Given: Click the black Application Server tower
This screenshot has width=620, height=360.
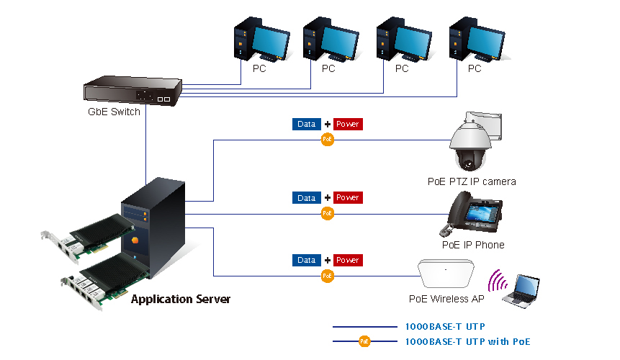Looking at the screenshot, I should (156, 230).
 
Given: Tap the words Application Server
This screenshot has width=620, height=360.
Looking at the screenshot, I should (181, 299).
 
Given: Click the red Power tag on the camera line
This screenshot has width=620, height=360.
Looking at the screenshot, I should (348, 124).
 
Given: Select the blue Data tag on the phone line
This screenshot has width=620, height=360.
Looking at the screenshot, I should (307, 197).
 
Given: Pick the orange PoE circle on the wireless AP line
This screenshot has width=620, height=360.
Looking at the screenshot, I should (328, 275).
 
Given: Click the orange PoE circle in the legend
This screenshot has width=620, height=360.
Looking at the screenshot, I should (364, 341).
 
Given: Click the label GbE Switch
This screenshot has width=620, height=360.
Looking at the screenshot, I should (114, 112).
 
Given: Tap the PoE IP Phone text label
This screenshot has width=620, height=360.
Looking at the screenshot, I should (472, 245).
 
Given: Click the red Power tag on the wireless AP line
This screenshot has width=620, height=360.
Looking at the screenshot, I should (348, 259).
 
